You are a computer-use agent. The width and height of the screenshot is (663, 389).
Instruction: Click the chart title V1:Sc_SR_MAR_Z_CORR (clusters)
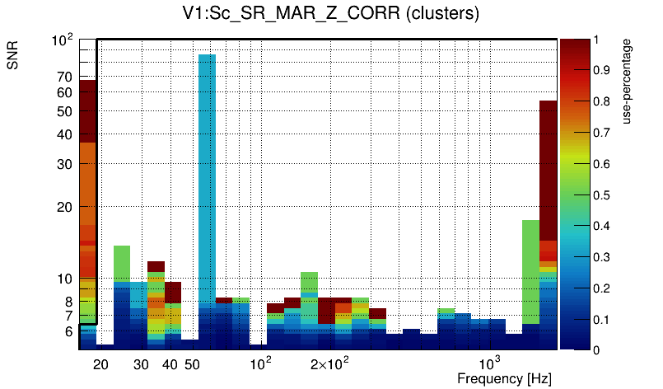(x=331, y=14)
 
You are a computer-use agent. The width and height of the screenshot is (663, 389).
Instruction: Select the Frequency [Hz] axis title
(x=504, y=379)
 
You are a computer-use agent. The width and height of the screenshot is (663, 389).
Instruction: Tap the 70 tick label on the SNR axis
(x=65, y=77)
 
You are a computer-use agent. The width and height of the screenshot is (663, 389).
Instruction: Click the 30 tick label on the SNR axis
(x=65, y=164)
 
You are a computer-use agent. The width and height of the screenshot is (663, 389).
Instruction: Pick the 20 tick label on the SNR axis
(x=65, y=207)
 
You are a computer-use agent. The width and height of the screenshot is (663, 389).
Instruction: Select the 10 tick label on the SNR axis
(x=65, y=279)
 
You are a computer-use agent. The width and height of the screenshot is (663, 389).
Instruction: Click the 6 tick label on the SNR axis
(x=68, y=331)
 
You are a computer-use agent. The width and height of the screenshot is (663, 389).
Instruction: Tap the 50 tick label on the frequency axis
(x=192, y=364)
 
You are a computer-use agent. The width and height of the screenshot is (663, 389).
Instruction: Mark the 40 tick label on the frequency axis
(x=170, y=364)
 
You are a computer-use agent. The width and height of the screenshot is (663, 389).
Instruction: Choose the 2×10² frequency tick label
(x=330, y=363)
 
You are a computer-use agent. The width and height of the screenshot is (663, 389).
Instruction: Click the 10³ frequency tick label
(x=490, y=363)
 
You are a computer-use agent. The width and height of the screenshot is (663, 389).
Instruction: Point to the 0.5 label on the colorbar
(x=602, y=195)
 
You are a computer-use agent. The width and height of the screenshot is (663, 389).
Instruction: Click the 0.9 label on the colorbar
(x=602, y=70)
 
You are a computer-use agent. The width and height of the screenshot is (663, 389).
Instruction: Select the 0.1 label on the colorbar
(x=602, y=320)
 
